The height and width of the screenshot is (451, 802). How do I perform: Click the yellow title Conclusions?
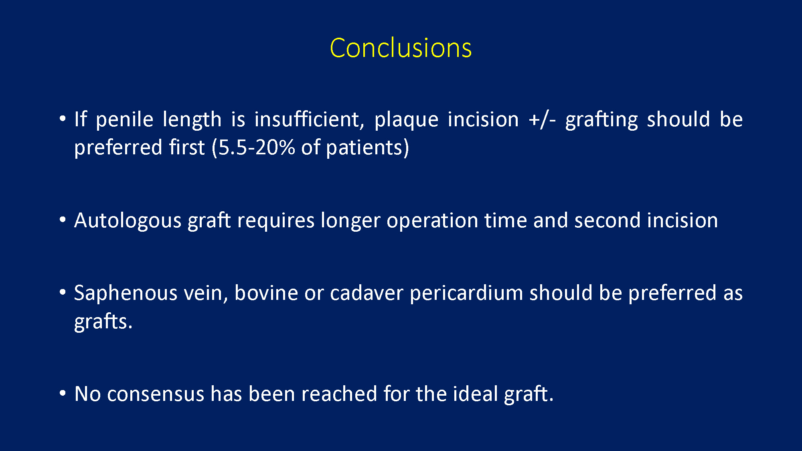pyautogui.click(x=401, y=48)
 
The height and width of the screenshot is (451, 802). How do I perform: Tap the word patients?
pyautogui.click(x=364, y=148)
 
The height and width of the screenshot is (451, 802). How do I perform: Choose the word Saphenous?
pyautogui.click(x=126, y=293)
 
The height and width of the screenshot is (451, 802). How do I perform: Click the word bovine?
pyautogui.click(x=266, y=293)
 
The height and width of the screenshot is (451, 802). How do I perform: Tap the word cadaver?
pyautogui.click(x=367, y=293)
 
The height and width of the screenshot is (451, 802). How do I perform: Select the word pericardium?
pyautogui.click(x=466, y=293)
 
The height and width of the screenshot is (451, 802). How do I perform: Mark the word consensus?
pyautogui.click(x=156, y=394)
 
